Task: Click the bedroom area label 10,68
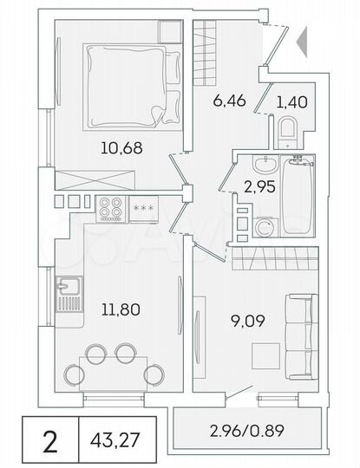coord(121,147)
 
